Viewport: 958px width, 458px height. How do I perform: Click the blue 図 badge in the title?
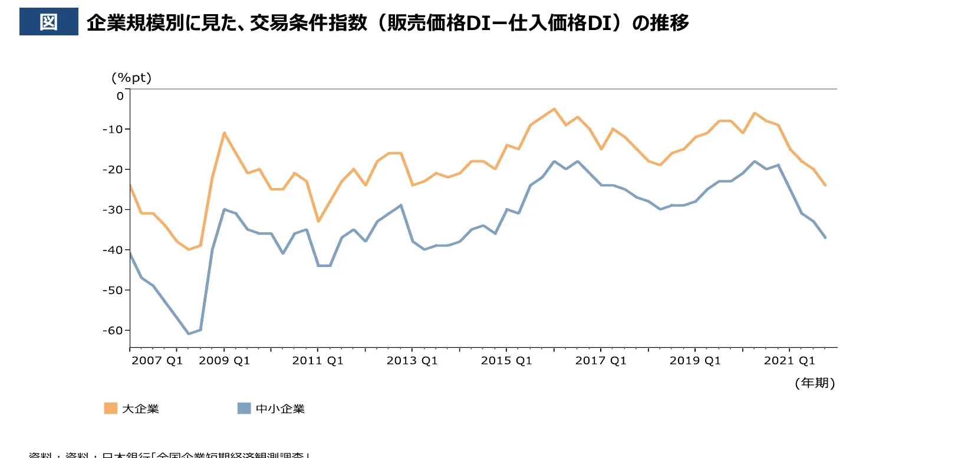click(48, 22)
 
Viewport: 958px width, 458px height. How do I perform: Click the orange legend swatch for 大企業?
click(110, 408)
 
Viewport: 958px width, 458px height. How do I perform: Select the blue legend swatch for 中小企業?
click(244, 408)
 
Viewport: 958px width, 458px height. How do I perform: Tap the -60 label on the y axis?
click(113, 331)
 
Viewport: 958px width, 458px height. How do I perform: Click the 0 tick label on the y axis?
click(120, 96)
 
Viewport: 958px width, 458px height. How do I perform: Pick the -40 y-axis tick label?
click(113, 250)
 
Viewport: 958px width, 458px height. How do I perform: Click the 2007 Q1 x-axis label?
click(157, 361)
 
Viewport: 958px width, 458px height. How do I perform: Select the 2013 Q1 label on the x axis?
click(412, 361)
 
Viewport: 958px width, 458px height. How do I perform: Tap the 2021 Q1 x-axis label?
click(789, 361)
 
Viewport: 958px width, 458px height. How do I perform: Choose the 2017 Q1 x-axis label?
click(601, 361)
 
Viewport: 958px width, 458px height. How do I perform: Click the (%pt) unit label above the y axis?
click(131, 78)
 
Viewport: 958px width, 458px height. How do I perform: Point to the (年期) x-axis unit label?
click(815, 383)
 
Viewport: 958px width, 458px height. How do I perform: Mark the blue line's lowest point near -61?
click(189, 334)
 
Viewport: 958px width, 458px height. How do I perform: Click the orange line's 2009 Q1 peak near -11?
click(225, 133)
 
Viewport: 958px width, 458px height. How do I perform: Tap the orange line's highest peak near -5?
click(554, 109)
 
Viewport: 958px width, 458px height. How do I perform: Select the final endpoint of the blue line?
click(825, 238)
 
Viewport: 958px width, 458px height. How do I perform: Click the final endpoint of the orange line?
click(825, 185)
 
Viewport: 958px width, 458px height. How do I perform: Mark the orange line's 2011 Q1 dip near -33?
click(318, 221)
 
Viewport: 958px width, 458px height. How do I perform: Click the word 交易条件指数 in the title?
click(308, 22)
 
